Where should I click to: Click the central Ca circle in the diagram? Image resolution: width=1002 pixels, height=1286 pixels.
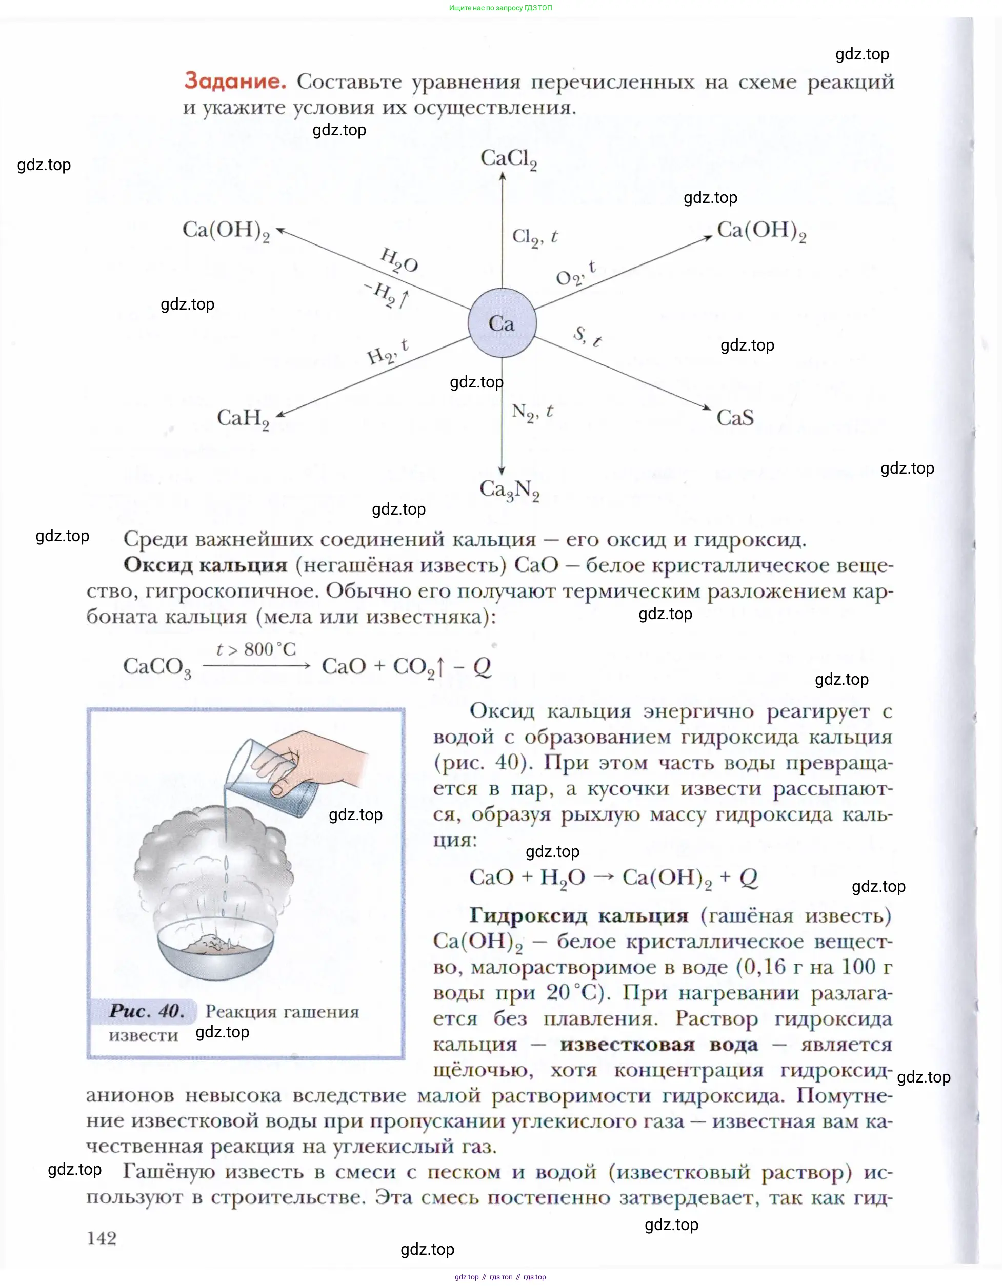[x=502, y=323]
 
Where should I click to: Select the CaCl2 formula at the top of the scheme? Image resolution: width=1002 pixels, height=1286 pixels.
[x=508, y=158]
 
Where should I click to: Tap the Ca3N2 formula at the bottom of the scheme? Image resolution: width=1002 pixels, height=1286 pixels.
[x=509, y=489]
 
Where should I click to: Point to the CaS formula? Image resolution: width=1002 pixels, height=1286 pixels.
[x=734, y=418]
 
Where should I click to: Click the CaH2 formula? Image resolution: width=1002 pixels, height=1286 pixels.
[x=243, y=419]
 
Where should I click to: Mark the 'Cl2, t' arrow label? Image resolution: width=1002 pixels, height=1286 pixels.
[x=534, y=237]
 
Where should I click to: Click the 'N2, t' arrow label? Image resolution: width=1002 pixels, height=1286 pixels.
[x=532, y=412]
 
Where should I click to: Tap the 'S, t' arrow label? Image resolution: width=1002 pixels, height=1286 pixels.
[x=587, y=337]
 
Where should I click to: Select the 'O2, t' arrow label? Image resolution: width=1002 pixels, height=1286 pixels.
[x=575, y=274]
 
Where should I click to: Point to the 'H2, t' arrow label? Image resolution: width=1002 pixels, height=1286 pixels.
[x=387, y=352]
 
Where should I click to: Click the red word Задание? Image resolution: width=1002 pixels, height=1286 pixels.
[x=235, y=80]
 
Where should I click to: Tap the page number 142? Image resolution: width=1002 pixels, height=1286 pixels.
[x=102, y=1238]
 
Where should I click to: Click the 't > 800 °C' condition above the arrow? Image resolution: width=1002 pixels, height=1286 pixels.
[x=256, y=649]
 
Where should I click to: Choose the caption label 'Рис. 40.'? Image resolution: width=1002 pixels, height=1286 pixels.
[x=147, y=1011]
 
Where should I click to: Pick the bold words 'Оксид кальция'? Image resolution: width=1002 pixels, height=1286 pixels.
[x=205, y=565]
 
